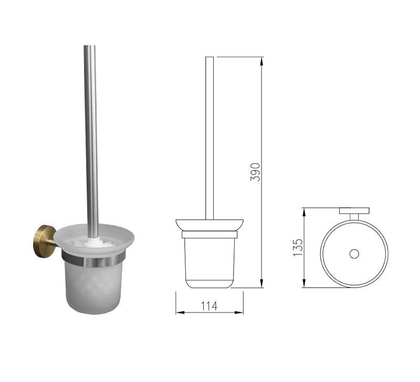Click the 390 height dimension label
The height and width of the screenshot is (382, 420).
[255, 172]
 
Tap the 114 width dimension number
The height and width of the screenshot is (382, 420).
[209, 306]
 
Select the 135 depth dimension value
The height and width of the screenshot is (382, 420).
[298, 247]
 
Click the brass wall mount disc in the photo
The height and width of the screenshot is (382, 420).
[44, 241]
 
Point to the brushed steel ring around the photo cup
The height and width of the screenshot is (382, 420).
[93, 259]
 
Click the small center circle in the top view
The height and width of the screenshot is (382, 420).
[354, 254]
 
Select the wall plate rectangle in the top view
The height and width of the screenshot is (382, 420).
[354, 210]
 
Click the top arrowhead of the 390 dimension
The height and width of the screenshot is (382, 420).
[261, 61]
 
